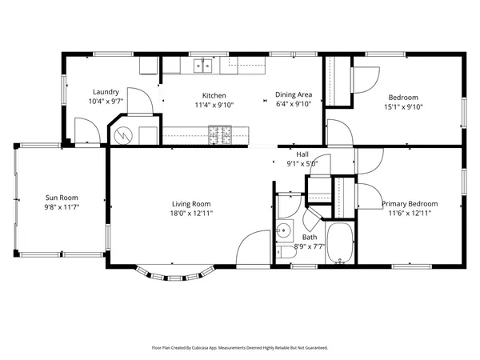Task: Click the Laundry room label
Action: click(106, 92)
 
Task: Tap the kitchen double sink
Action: click(202, 66)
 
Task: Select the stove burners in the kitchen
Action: click(220, 134)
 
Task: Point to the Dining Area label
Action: click(294, 94)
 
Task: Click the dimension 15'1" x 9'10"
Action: click(403, 107)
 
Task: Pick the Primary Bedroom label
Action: click(410, 204)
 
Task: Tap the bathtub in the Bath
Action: click(340, 242)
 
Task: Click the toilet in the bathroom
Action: click(286, 253)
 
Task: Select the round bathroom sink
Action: click(284, 230)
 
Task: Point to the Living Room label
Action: click(191, 204)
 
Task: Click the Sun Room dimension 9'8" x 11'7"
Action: click(62, 207)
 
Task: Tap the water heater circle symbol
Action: click(123, 135)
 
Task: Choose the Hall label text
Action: click(302, 154)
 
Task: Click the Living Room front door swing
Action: click(253, 247)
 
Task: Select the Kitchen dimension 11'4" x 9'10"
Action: click(214, 105)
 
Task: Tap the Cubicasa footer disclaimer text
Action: click(240, 348)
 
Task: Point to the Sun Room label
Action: click(62, 198)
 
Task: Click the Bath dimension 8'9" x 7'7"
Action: click(310, 246)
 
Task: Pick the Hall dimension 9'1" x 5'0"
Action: click(302, 164)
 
